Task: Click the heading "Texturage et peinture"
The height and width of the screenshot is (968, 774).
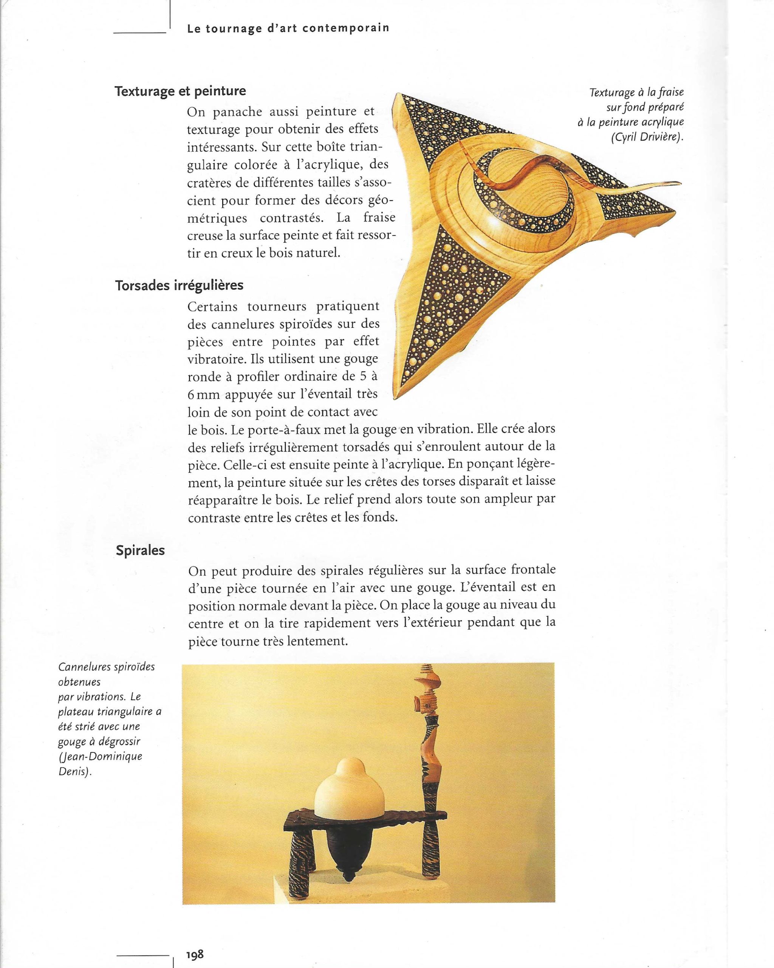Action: (x=180, y=91)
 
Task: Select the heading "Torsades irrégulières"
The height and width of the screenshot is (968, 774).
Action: (x=179, y=285)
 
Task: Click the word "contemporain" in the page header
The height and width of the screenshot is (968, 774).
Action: (x=345, y=28)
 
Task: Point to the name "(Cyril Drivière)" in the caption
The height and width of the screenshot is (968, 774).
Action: (x=647, y=137)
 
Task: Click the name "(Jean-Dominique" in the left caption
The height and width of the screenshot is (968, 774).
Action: (x=100, y=756)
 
